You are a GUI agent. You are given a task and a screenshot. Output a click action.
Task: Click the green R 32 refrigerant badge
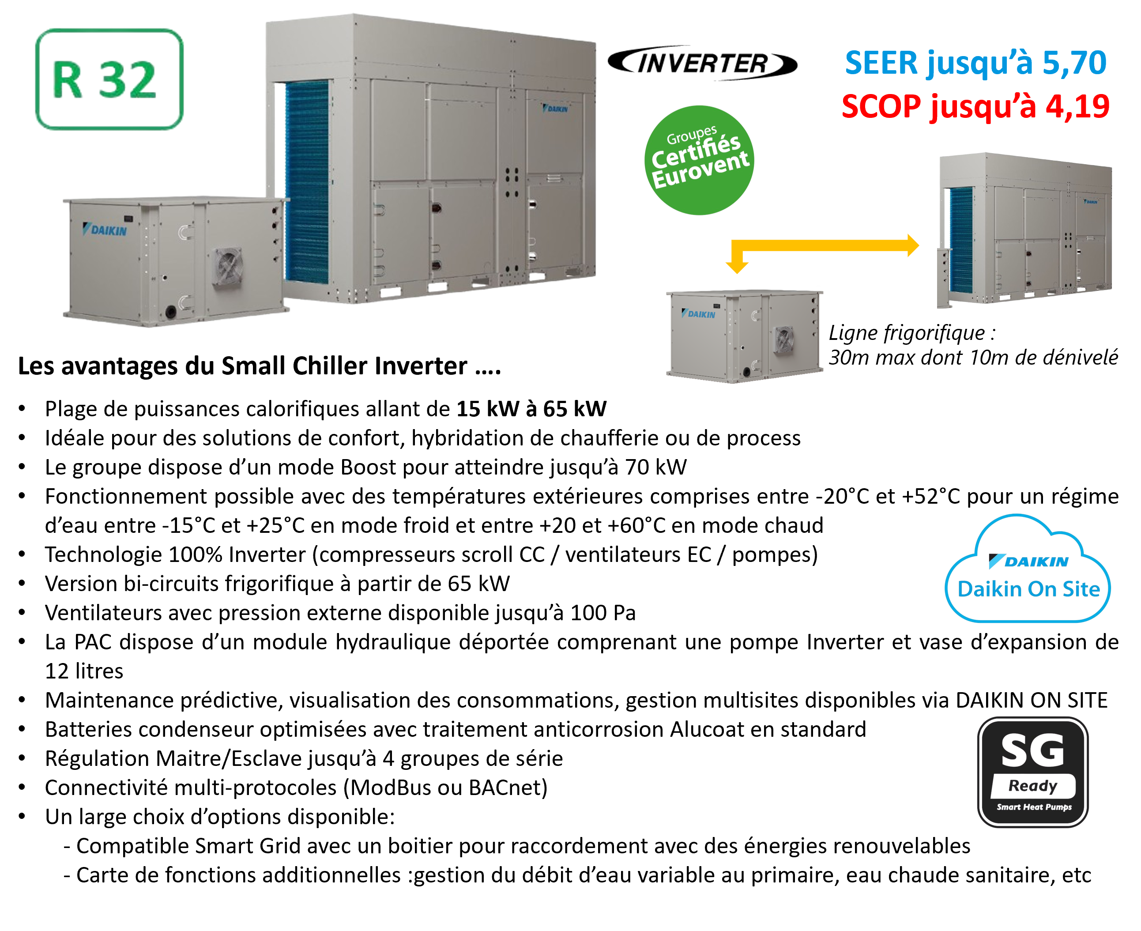pos(109,79)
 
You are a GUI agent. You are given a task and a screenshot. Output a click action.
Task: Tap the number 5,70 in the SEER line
pos(1074,63)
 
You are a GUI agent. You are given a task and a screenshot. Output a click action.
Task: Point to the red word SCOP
pos(881,106)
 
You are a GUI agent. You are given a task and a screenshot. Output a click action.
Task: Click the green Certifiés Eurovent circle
pos(699,160)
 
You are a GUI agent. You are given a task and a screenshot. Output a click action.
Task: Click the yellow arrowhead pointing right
pos(913,245)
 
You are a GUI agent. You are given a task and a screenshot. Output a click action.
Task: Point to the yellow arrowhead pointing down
pos(737,267)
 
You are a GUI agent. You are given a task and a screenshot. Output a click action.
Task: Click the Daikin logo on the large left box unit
pos(105,230)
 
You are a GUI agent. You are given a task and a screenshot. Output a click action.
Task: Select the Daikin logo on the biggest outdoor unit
pos(555,109)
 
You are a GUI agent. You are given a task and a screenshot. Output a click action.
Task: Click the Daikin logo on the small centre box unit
pos(698,314)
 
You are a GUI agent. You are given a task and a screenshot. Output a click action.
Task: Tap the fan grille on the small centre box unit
pos(783,340)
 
